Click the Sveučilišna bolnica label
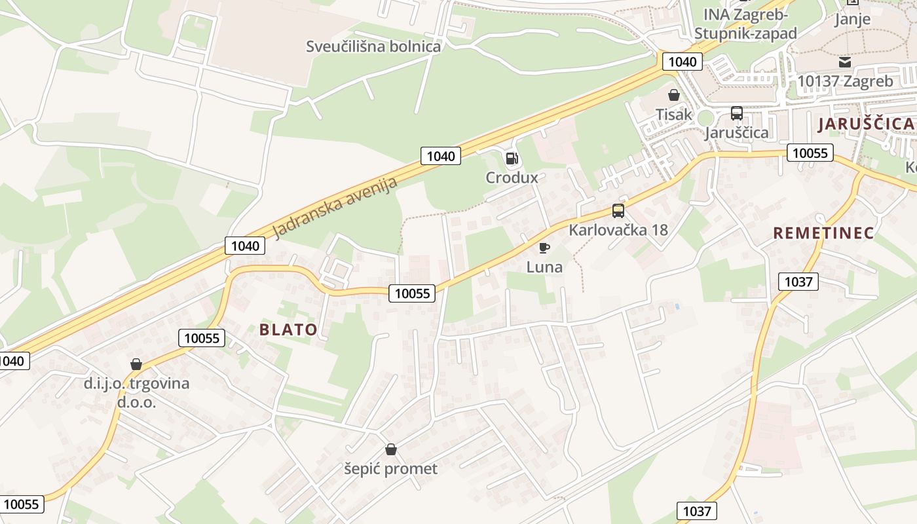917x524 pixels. pyautogui.click(x=373, y=47)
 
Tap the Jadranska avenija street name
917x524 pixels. pyautogui.click(x=335, y=208)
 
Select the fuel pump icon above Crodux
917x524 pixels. pyautogui.click(x=512, y=158)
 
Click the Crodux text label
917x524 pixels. pyautogui.click(x=512, y=178)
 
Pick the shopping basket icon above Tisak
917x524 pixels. pyautogui.click(x=673, y=95)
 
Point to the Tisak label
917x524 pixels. pyautogui.click(x=673, y=115)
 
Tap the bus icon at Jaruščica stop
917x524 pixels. pyautogui.click(x=737, y=113)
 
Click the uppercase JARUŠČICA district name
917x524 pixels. pyautogui.click(x=865, y=123)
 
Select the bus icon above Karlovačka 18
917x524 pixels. pyautogui.click(x=618, y=211)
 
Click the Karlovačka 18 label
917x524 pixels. pyautogui.click(x=618, y=230)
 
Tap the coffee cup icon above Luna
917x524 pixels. pyautogui.click(x=544, y=248)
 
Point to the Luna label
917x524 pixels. pyautogui.click(x=544, y=267)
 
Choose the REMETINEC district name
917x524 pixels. pyautogui.click(x=823, y=233)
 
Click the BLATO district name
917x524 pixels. pyautogui.click(x=288, y=329)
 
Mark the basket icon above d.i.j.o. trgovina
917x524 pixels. pyautogui.click(x=136, y=364)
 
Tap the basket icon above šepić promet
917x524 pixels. pyautogui.click(x=391, y=449)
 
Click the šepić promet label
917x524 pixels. pyautogui.click(x=391, y=469)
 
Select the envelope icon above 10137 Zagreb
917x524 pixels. pyautogui.click(x=845, y=62)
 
